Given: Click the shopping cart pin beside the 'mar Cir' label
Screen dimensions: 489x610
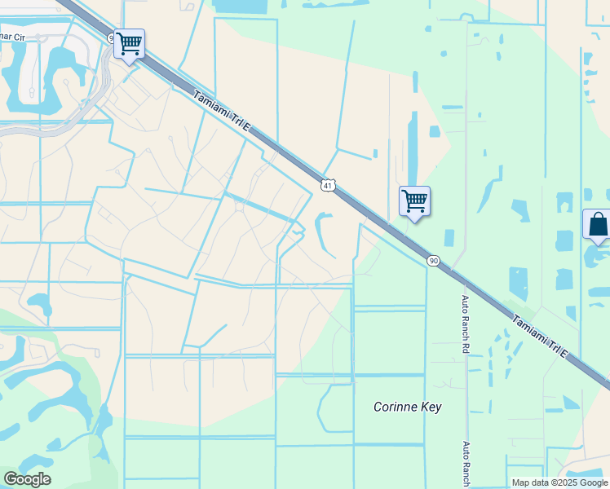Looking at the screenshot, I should tap(129, 44).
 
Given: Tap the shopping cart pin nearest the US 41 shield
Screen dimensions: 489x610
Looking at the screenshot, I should tap(414, 200).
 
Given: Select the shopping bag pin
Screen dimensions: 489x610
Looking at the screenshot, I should tap(597, 224).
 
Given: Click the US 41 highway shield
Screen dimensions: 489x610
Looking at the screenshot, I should tap(326, 185).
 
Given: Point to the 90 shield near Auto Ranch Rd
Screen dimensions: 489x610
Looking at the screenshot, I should tap(432, 260).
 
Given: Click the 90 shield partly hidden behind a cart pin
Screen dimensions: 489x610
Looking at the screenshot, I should tap(113, 37).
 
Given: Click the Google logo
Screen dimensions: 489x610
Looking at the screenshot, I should tap(27, 479).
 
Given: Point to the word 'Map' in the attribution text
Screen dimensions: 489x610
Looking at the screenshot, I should tap(520, 482).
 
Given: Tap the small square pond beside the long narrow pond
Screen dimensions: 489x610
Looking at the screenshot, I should tap(435, 131).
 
